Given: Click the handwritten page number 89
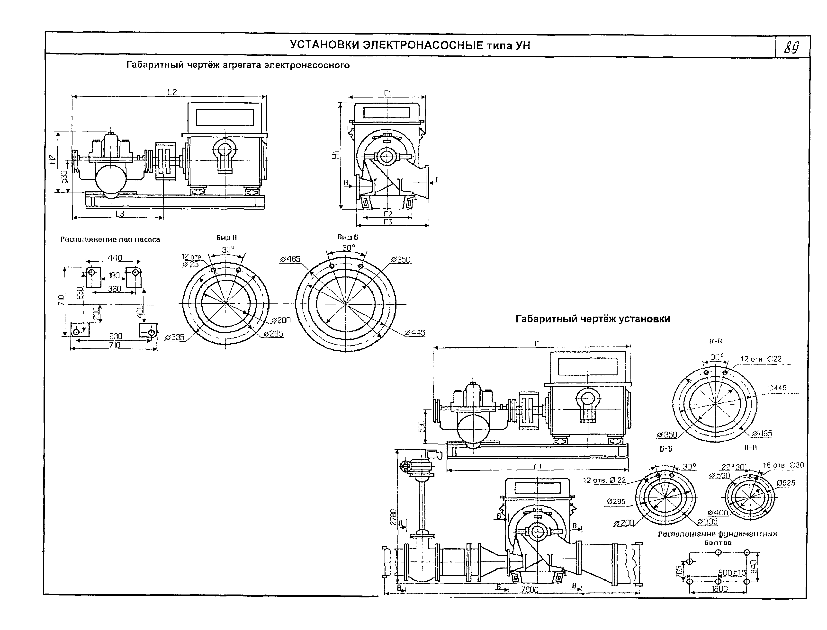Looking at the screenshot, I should click(791, 48).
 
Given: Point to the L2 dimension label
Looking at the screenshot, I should click(172, 92).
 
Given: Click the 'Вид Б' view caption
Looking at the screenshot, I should click(348, 237).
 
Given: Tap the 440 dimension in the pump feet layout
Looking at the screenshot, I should click(115, 258).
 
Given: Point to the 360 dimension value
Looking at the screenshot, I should click(114, 289).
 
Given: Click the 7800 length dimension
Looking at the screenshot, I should click(530, 590).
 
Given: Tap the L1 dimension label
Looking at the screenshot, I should click(538, 467).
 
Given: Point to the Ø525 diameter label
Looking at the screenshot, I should click(786, 483).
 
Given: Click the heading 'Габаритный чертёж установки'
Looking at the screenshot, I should click(593, 319).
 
